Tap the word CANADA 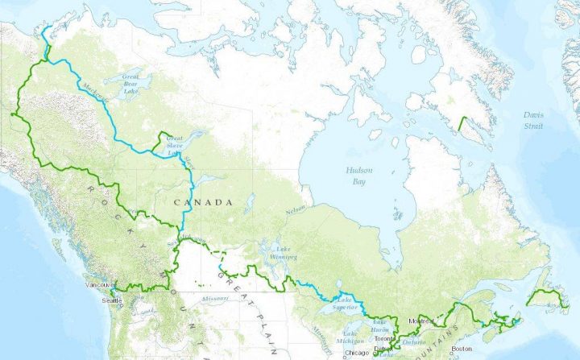click(x=206, y=201)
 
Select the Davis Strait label click(x=532, y=121)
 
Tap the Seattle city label click(x=112, y=300)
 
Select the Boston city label click(x=462, y=348)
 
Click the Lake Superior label click(x=345, y=301)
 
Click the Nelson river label click(x=297, y=212)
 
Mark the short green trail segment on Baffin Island click(x=462, y=125)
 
